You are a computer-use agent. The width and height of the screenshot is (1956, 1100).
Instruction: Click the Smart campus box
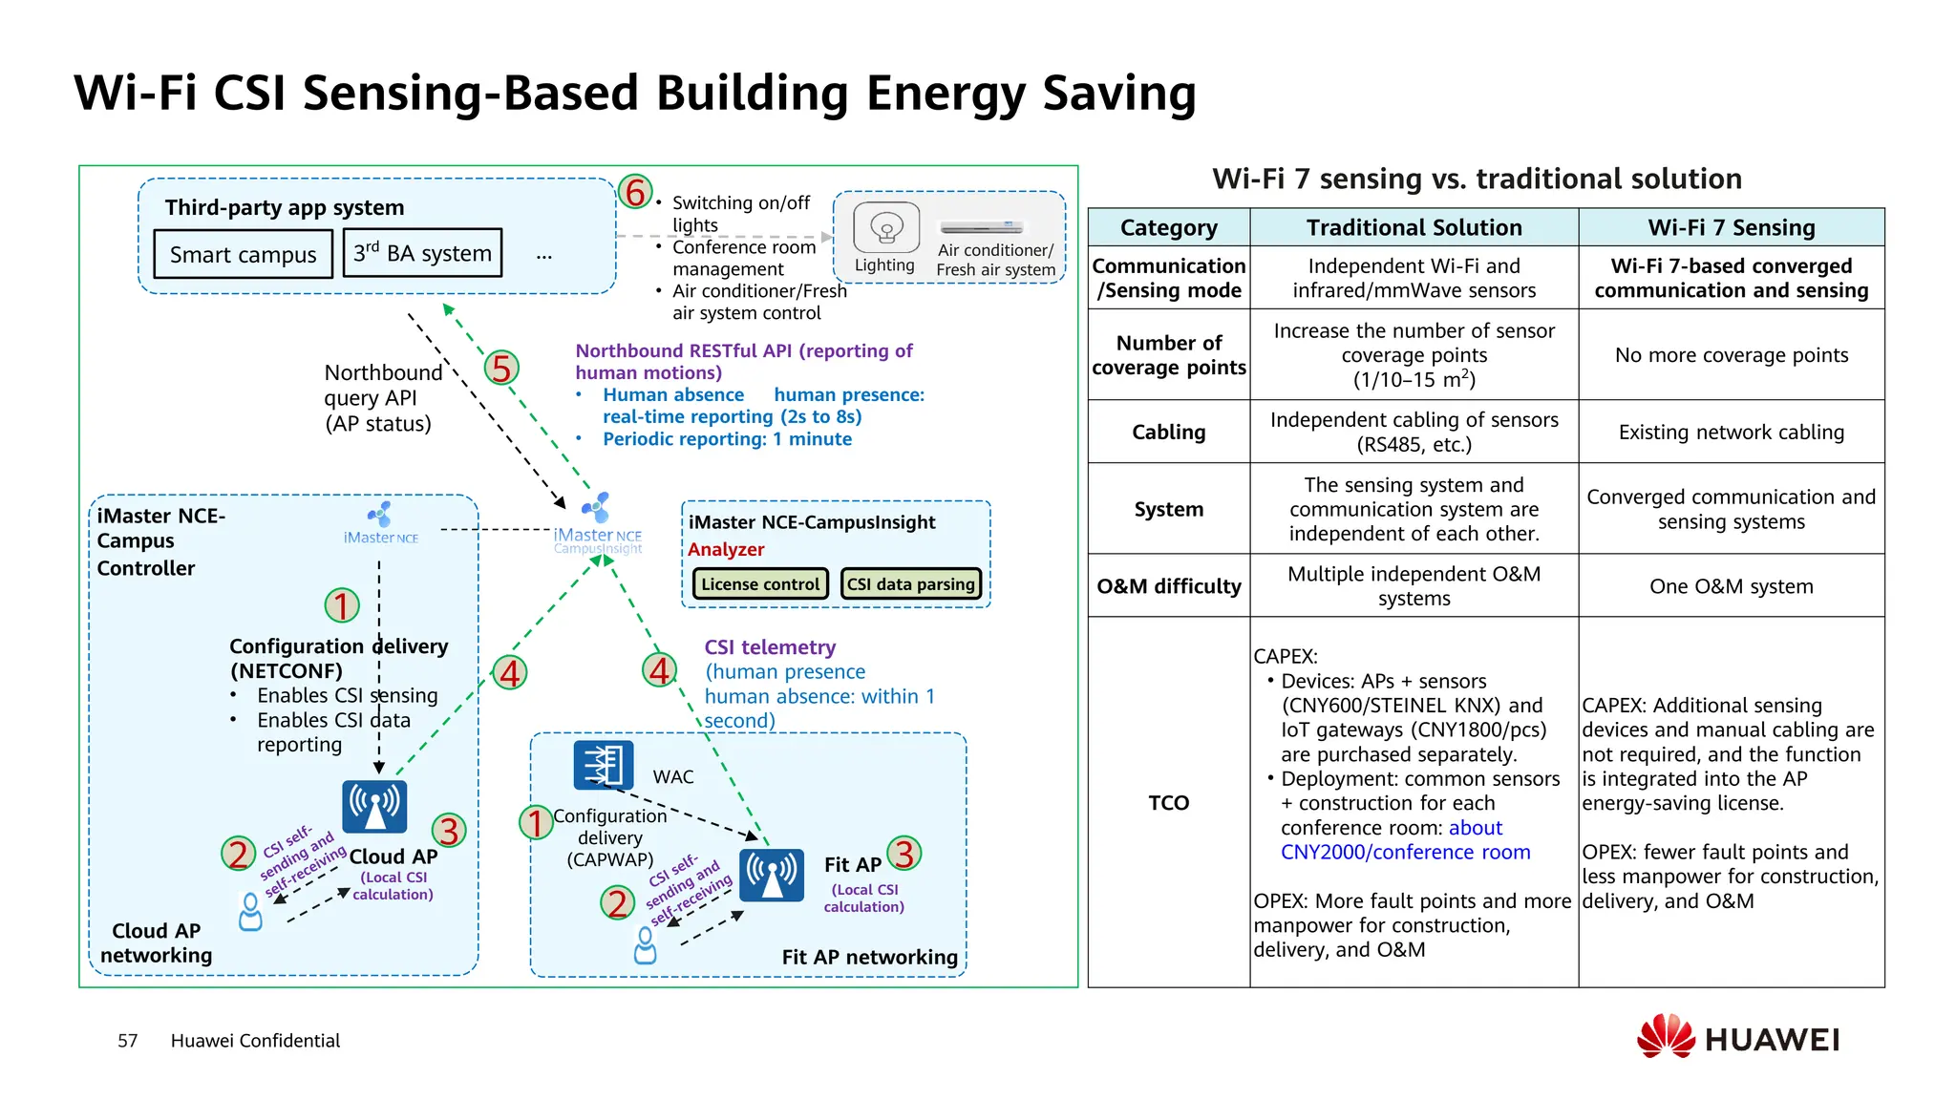coord(243,254)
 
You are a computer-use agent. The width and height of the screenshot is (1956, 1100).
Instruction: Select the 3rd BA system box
coord(422,253)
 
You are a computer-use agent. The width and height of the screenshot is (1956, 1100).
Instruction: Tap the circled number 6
coord(635,192)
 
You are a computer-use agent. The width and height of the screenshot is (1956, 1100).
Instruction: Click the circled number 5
coord(501,368)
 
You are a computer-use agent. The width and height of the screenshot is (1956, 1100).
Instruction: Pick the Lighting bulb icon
coord(886,228)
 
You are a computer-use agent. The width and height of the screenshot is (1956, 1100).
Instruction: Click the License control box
coord(760,583)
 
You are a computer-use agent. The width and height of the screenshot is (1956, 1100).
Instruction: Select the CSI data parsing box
coord(910,583)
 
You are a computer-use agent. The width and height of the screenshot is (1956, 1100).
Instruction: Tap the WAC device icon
coord(603,765)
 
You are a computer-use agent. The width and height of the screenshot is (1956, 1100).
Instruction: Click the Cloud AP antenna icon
coord(374,807)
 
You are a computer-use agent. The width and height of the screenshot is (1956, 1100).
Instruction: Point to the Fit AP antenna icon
coord(772,875)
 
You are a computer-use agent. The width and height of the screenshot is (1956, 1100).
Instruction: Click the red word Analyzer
coord(726,549)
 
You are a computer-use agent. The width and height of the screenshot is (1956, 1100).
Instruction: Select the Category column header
coord(1168,227)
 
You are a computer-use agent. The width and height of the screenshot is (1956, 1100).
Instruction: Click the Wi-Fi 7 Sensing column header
coord(1731,227)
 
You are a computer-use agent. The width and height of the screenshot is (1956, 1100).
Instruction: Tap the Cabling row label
coord(1168,432)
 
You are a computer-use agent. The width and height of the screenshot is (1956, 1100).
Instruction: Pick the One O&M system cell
coord(1731,586)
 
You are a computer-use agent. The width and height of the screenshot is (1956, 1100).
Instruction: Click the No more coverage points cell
coord(1731,355)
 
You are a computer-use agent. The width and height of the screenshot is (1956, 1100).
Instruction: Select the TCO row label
coord(1168,802)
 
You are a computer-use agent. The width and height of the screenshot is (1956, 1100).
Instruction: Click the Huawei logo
coord(1737,1038)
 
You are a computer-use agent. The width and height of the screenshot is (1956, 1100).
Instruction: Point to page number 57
coord(127,1041)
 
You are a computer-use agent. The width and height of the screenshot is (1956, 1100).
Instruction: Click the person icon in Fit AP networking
coord(646,945)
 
